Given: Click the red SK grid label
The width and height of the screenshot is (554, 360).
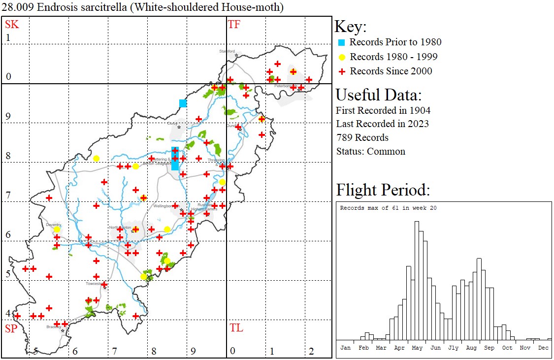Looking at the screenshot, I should point(12,24).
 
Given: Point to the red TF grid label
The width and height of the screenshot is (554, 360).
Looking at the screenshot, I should point(234,24).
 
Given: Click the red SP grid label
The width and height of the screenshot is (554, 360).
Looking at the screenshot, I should point(11,328).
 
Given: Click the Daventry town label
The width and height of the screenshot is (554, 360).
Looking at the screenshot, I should point(53,225).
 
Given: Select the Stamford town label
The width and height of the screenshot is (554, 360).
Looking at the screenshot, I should point(228,51).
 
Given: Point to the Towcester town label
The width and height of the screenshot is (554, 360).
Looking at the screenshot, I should point(93,284).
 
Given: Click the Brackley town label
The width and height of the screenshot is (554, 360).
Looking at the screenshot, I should point(53,327).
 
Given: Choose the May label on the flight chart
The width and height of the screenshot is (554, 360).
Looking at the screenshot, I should point(417,348).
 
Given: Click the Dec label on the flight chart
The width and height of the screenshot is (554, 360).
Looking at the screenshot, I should point(543,348).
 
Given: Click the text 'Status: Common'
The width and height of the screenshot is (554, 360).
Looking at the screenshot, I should point(370,151).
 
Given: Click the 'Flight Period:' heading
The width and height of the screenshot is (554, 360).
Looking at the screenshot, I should point(383,190).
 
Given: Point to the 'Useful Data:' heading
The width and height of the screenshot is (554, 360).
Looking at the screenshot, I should point(378,95).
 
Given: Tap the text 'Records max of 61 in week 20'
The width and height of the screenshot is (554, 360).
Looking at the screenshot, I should point(388,208).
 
